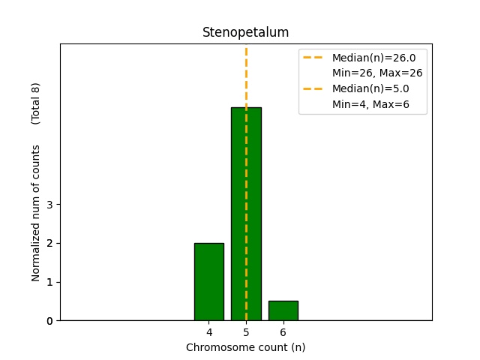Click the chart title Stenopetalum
point(245,33)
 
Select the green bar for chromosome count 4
point(208,281)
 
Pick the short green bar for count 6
point(283,310)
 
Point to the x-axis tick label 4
point(208,332)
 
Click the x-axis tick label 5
point(246,332)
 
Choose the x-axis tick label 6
point(283,332)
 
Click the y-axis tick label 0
point(49,321)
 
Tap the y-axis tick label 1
point(49,282)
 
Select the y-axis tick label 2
point(49,243)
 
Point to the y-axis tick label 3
point(49,204)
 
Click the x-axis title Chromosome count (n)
point(245,347)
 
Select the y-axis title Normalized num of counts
point(36,213)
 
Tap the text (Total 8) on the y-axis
point(36,103)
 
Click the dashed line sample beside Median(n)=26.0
point(313,57)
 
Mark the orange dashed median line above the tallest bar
point(246,75)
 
